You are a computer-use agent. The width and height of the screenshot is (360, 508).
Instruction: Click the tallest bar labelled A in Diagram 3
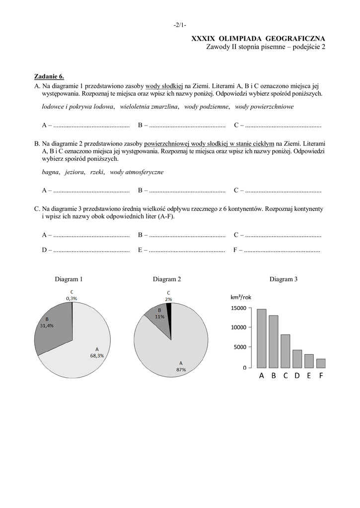262,338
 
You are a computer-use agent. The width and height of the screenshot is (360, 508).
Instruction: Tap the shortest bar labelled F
321,363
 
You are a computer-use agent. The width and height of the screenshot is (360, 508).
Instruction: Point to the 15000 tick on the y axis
239,308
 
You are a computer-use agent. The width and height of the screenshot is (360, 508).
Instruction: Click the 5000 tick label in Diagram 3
240,347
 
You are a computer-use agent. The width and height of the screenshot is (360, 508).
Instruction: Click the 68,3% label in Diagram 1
96,355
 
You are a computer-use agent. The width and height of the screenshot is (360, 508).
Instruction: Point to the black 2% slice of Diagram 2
169,308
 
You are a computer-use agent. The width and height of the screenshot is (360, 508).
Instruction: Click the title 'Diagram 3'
284,279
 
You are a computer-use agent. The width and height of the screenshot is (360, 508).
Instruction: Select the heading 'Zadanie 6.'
49,76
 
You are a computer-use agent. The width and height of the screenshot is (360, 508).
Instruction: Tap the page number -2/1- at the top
180,25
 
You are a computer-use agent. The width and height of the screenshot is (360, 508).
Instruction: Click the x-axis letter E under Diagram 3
309,376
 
